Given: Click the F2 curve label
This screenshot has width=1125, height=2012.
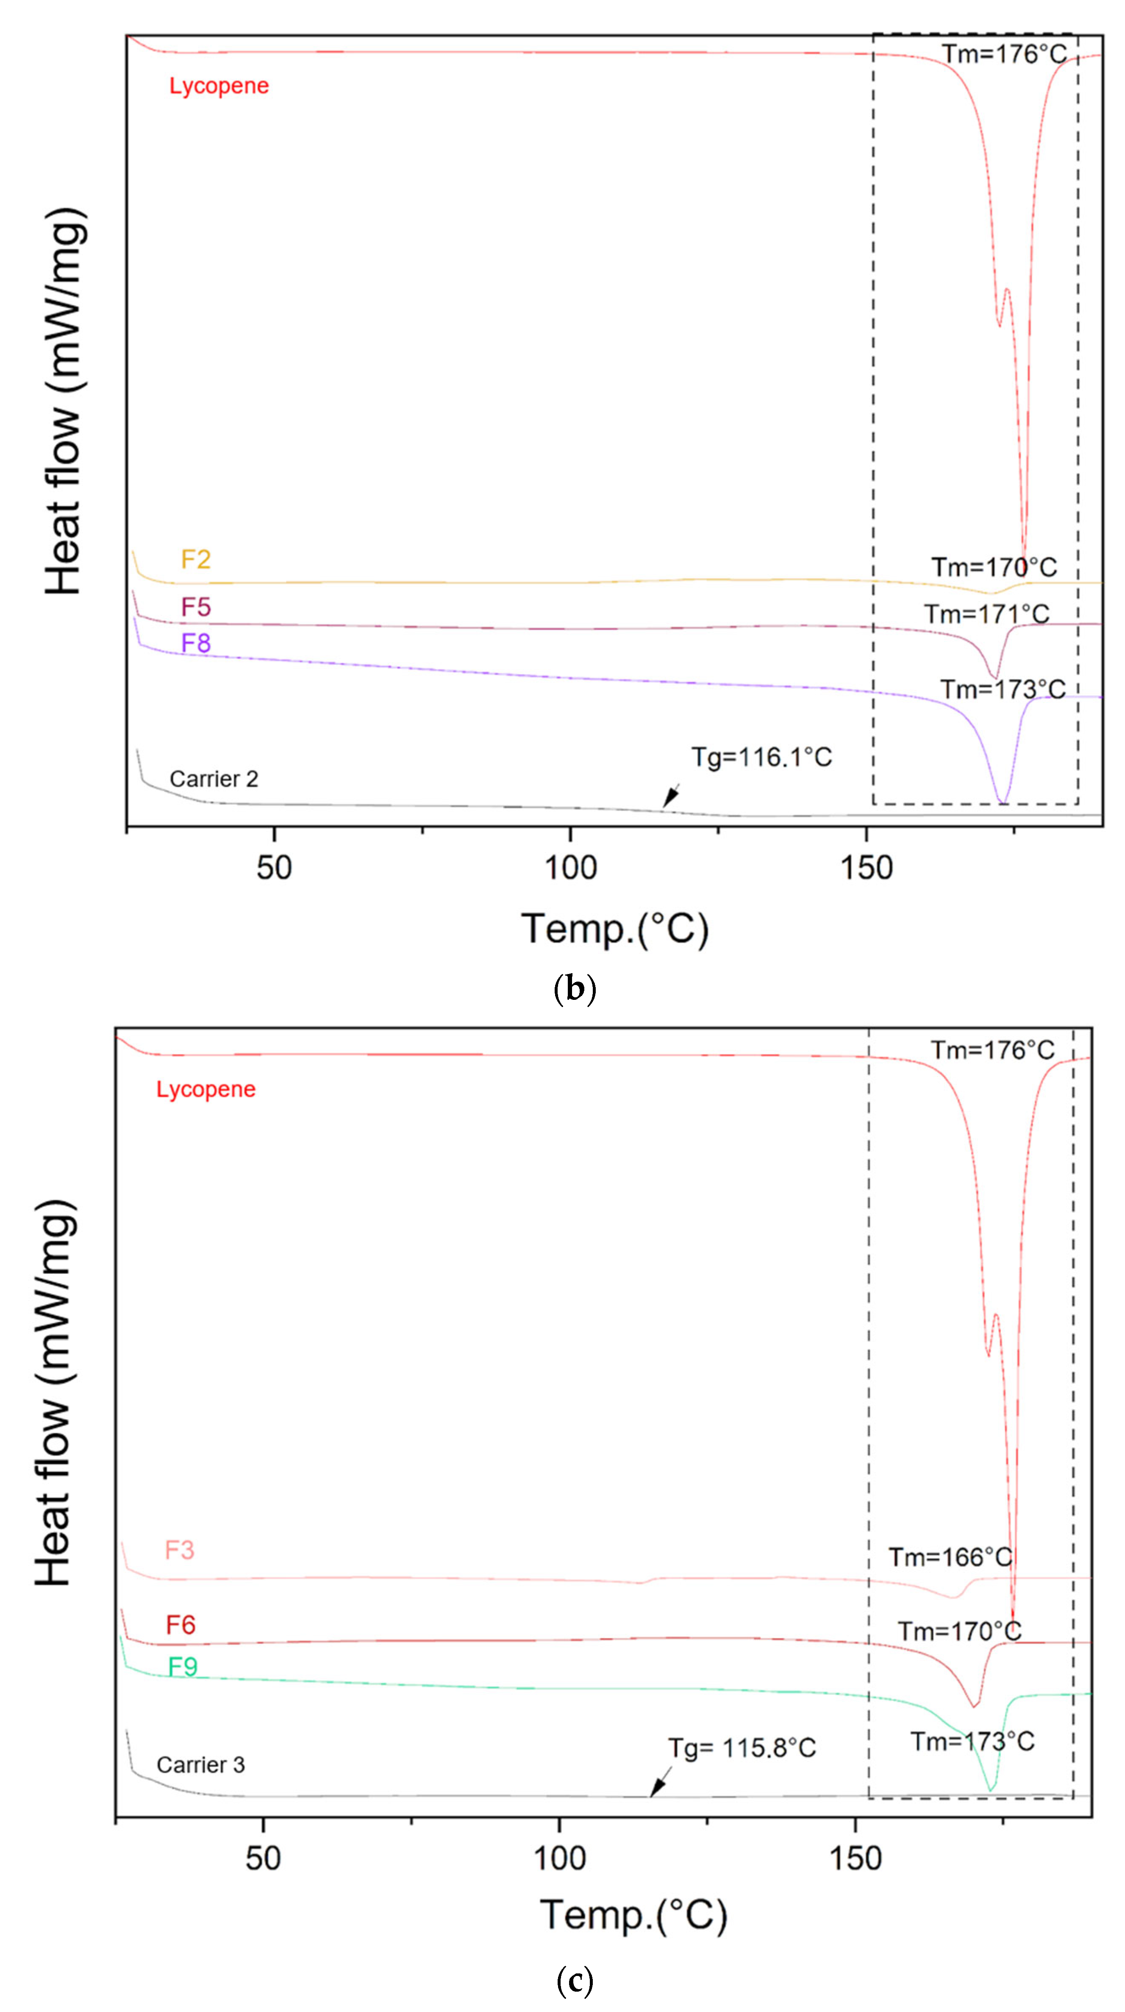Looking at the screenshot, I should (x=196, y=559).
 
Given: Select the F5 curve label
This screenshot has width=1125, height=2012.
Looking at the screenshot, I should (x=196, y=607).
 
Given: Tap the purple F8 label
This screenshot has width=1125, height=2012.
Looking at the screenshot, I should (x=196, y=643).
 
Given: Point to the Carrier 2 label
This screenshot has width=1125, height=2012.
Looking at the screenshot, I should (x=214, y=779).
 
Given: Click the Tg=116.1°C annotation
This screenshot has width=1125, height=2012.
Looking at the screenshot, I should (x=761, y=757).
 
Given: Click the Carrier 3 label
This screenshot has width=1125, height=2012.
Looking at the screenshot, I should (x=201, y=1764).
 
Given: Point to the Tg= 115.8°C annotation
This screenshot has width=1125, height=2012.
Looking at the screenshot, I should (x=742, y=1748).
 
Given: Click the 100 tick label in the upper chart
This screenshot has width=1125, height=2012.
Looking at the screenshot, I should (x=571, y=868).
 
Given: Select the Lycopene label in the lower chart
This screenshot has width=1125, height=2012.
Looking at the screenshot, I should (x=206, y=1090).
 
